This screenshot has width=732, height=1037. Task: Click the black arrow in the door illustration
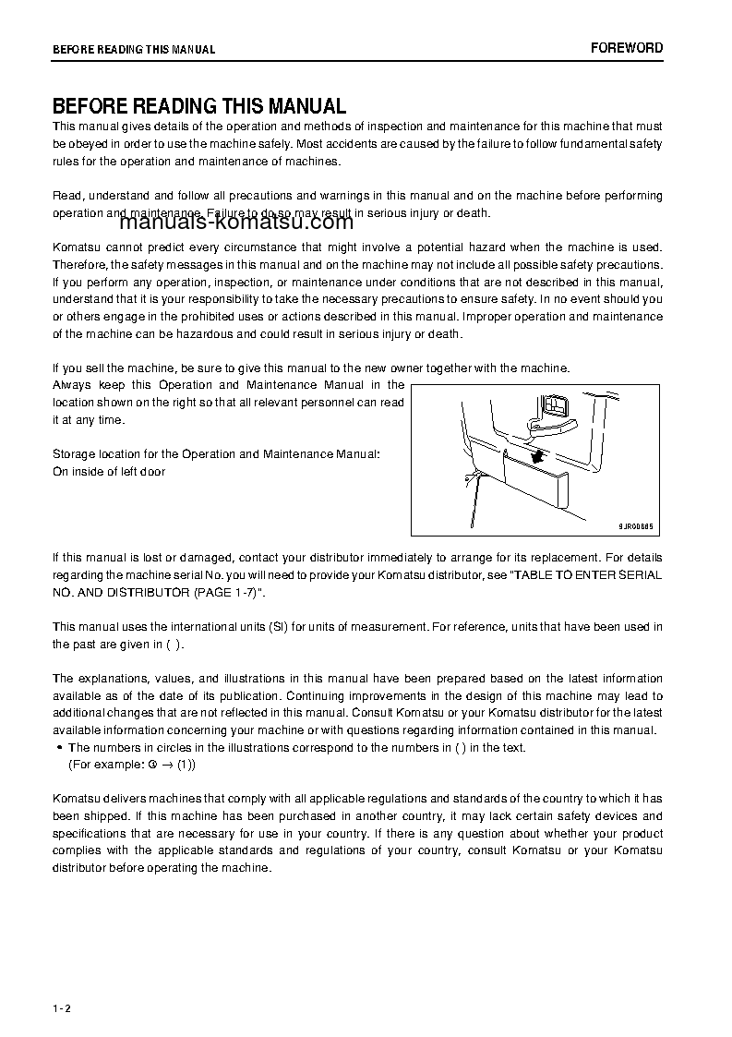click(x=537, y=456)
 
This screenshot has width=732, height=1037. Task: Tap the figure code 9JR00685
click(x=635, y=525)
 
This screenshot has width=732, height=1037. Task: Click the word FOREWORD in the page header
click(x=627, y=48)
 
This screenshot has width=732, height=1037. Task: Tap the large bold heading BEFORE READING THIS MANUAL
click(x=199, y=106)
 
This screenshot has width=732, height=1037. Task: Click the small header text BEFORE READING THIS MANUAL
click(x=134, y=50)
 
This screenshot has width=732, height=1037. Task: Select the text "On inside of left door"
click(x=109, y=472)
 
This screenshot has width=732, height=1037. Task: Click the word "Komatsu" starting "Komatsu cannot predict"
click(x=78, y=247)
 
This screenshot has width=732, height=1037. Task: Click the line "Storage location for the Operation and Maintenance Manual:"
click(x=215, y=454)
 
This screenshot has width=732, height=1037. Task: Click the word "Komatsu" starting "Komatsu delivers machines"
click(x=78, y=798)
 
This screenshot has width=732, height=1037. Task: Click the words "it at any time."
click(x=88, y=419)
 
